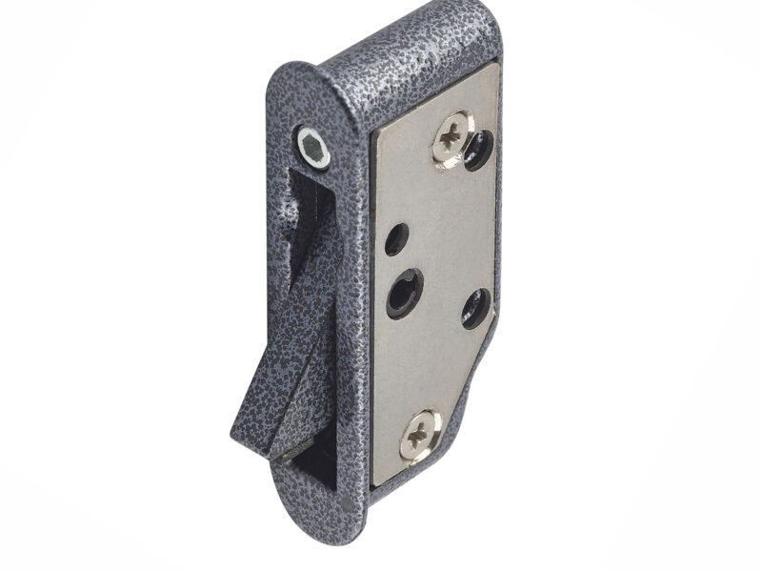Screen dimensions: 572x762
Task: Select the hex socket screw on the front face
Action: tap(312, 147)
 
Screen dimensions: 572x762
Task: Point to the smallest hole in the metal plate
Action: tap(397, 238)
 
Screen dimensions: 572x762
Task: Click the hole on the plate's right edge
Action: tap(476, 308)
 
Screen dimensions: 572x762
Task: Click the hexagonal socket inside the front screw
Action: tap(312, 147)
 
